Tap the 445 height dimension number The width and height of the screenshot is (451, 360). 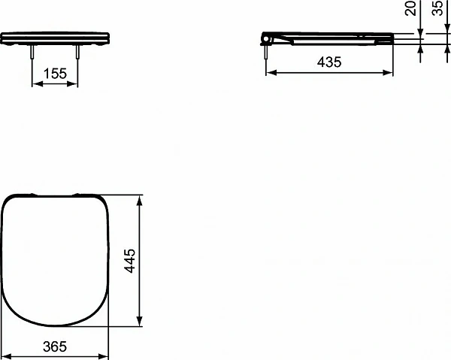point(130,261)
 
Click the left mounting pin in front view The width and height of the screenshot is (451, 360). point(32,53)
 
